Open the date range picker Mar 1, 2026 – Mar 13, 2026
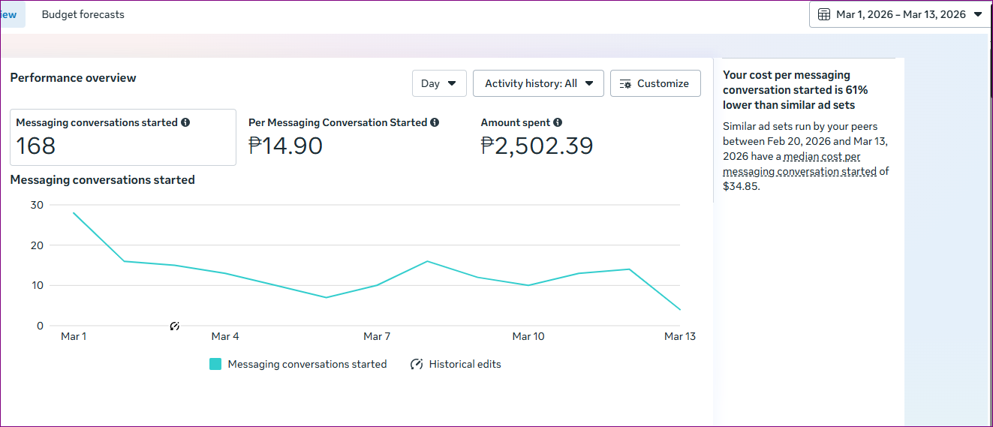coord(900,14)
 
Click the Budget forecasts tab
coord(83,14)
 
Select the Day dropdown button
coord(439,83)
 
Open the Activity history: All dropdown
coord(538,83)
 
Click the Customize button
coord(655,83)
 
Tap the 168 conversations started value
coord(36,146)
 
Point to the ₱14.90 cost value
coord(285,146)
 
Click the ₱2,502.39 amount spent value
coord(537,146)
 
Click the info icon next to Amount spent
coord(558,122)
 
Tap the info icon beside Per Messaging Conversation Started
coord(435,122)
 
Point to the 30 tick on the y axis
coord(37,205)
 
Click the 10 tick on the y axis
coord(37,285)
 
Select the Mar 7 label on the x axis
coord(377,336)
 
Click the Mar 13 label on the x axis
coord(679,336)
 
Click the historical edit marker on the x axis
coord(174,326)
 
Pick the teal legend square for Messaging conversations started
coord(215,364)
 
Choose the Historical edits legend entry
coord(456,364)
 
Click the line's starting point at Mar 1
coord(74,213)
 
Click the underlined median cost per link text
coord(829,157)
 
